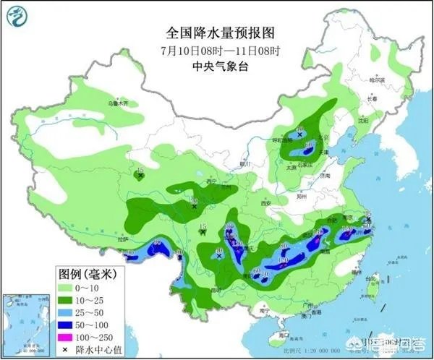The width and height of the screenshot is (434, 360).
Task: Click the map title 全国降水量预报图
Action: pyautogui.click(x=216, y=33)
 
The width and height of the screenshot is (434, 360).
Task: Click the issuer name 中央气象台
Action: pyautogui.click(x=216, y=66)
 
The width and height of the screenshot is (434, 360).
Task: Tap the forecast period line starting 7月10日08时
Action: pyautogui.click(x=216, y=50)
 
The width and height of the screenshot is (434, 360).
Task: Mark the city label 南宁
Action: pyautogui.click(x=265, y=312)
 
